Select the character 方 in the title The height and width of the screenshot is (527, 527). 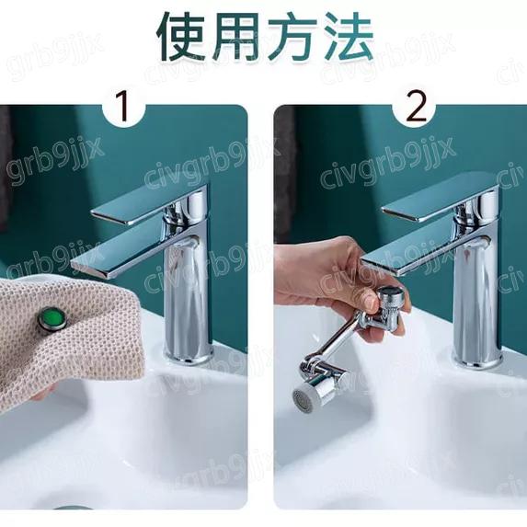(293, 36)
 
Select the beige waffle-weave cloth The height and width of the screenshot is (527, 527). (55, 349)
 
